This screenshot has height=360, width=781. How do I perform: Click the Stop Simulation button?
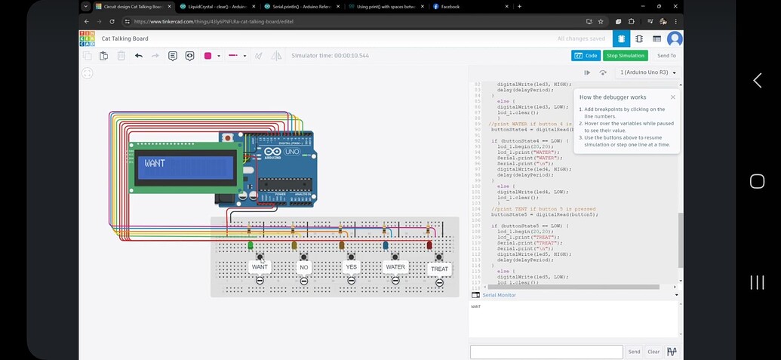625,55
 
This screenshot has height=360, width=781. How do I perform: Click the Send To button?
666,55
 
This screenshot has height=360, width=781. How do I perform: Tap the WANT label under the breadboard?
260,267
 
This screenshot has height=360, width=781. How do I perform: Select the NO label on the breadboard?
304,267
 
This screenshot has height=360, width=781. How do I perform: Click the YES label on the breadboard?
351,267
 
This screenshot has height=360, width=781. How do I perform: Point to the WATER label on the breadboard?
395,267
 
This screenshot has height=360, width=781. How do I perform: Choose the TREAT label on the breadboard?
439,269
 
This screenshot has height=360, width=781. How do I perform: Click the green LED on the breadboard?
251,245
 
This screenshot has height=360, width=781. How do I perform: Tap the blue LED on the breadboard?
386,245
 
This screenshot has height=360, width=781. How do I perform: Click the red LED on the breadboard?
429,245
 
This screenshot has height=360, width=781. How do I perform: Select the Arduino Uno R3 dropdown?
647,72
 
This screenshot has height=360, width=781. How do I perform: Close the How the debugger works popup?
672,97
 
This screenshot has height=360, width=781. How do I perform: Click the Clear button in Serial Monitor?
653,352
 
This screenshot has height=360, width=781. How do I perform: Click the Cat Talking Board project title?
125,38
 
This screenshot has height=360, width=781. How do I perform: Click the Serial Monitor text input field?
546,352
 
